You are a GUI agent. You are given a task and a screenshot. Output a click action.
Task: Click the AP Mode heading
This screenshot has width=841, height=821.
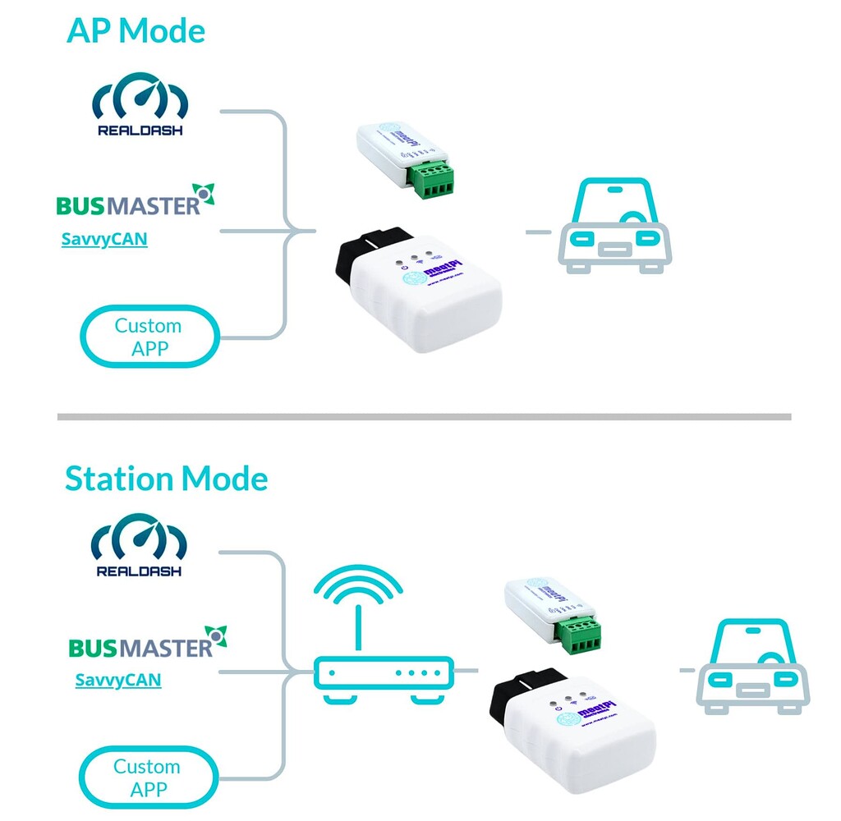(x=136, y=30)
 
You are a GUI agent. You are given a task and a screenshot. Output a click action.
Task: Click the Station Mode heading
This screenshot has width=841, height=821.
(x=166, y=478)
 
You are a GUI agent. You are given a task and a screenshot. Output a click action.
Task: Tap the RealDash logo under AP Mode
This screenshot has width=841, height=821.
(x=140, y=106)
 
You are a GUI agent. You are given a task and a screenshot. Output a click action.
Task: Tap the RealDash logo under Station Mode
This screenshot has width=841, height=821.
(x=139, y=546)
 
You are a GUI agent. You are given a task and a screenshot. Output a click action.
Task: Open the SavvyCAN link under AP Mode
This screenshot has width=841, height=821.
(x=104, y=240)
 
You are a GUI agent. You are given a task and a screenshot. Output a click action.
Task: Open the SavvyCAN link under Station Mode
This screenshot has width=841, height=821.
(x=117, y=680)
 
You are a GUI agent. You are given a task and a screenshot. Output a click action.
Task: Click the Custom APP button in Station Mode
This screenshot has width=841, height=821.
(x=148, y=777)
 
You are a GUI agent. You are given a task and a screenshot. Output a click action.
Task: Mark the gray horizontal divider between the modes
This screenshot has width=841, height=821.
(x=424, y=417)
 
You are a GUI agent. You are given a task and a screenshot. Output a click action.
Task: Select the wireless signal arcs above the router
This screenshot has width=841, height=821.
(x=359, y=589)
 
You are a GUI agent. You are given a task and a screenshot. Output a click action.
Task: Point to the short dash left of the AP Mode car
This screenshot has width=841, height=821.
(x=538, y=232)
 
